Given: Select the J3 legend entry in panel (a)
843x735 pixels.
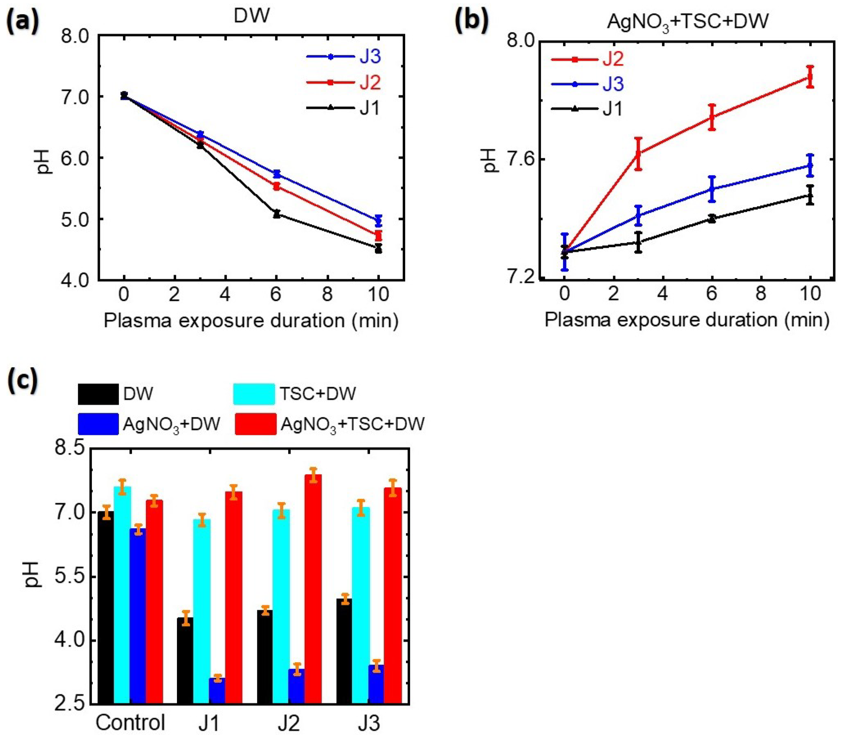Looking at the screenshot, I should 370,57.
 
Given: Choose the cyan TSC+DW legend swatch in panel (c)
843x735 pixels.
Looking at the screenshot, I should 254,394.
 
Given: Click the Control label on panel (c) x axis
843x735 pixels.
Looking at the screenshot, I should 130,722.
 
